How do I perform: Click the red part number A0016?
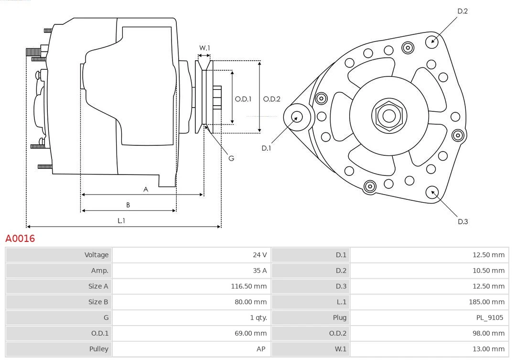point(20,238)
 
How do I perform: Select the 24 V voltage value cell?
point(260,255)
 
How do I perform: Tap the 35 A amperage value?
point(260,271)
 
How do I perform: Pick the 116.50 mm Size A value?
point(248,286)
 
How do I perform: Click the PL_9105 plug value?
point(489,317)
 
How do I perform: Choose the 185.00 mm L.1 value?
point(486,302)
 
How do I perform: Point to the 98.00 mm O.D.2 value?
point(488,333)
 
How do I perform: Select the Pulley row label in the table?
point(99,349)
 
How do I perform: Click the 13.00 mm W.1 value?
point(488,349)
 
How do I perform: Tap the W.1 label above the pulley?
point(204,48)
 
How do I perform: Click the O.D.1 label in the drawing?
point(243,99)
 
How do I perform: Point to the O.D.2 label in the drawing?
point(272,99)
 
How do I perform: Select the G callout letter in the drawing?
point(231,158)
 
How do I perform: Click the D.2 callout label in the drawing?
point(462,11)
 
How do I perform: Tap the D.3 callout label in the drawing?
point(462,221)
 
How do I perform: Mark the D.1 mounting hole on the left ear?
point(297,116)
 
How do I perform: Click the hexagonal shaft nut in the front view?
point(389,116)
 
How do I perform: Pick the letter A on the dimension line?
point(146,189)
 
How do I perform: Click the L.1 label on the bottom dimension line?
point(121,220)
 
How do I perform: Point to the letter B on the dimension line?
point(128,205)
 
